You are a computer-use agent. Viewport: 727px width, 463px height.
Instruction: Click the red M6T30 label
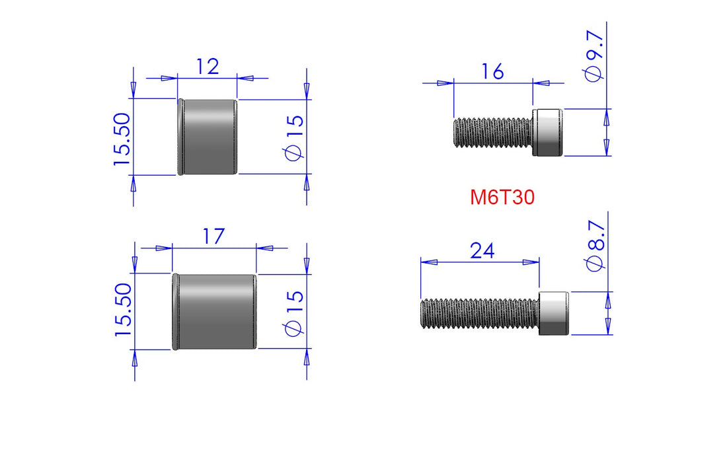point(502,197)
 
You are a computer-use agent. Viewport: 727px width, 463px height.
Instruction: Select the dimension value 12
point(207,66)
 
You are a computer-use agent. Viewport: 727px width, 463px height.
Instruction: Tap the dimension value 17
point(214,236)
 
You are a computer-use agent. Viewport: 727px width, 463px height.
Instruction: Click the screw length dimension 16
point(493,71)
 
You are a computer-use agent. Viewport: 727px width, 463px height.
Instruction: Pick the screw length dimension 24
point(482,250)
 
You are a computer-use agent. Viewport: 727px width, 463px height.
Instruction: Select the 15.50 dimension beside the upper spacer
point(123,138)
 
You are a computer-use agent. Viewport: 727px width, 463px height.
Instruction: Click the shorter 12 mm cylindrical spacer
point(208,137)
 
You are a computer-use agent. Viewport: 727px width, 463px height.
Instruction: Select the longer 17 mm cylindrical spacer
point(215,312)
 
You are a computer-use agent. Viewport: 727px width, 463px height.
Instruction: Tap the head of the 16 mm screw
point(548,133)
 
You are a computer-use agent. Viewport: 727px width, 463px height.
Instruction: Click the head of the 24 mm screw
point(555,312)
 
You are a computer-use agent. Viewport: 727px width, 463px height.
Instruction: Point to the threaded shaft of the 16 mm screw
point(493,133)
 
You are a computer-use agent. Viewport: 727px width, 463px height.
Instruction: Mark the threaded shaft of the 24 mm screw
point(480,312)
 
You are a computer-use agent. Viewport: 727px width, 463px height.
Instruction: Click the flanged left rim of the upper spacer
point(180,137)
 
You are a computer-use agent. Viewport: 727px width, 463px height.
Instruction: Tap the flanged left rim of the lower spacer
point(175,312)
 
